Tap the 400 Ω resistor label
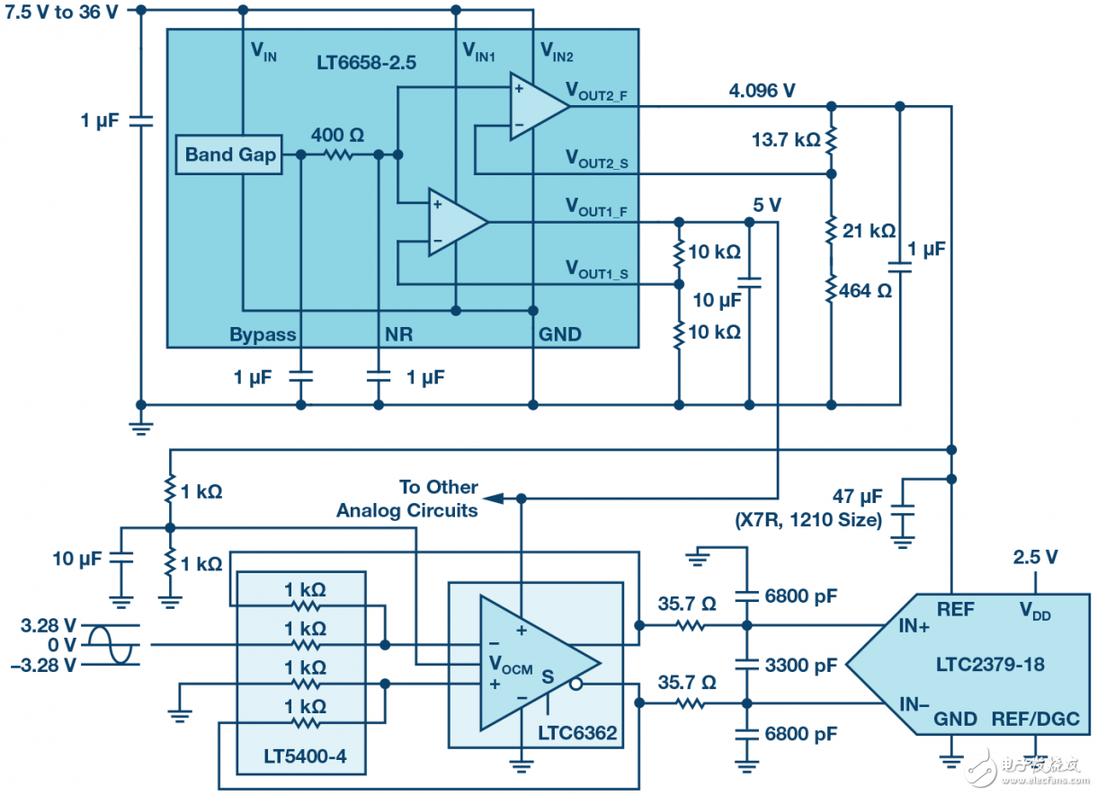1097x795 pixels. [337, 136]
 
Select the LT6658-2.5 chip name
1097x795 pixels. [366, 65]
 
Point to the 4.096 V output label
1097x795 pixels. [762, 90]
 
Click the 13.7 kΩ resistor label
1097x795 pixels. [786, 140]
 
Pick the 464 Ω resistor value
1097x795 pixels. [865, 291]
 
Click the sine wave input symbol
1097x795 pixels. [113, 644]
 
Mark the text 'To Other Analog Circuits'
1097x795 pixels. [407, 499]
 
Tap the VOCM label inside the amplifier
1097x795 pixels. [510, 665]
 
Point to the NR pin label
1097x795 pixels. [399, 335]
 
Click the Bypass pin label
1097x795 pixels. [263, 335]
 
